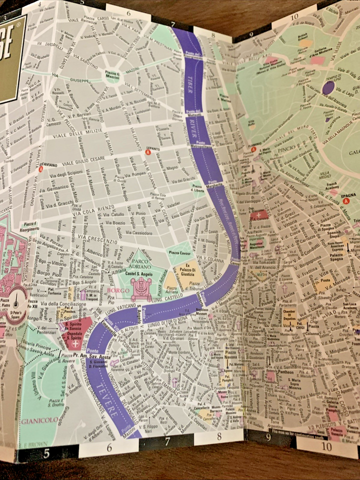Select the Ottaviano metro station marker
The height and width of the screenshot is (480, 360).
[41, 169]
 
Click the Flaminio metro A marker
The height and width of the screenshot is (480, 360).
[253, 149]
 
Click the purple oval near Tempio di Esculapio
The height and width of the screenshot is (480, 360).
[328, 88]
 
